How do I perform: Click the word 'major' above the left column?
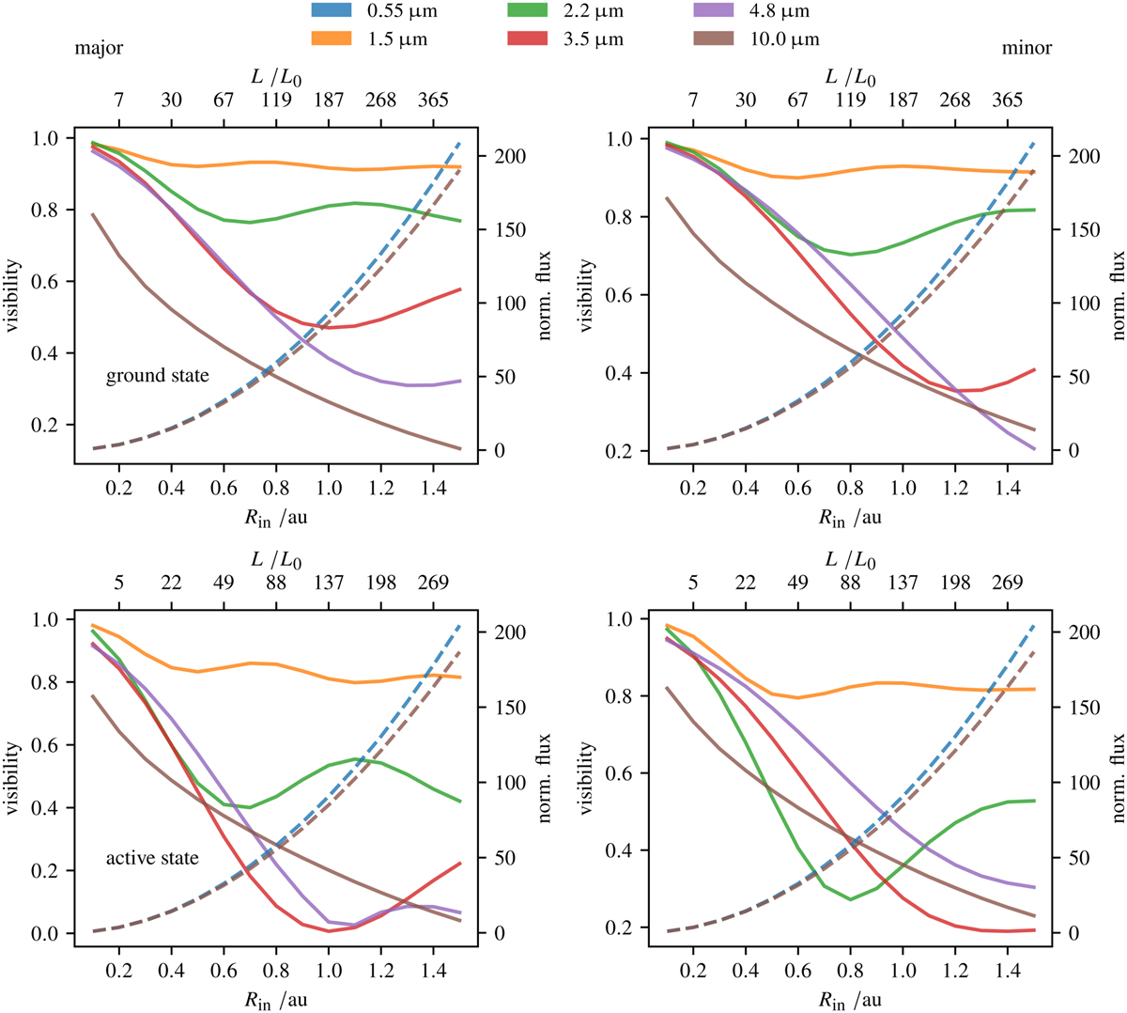pos(100,48)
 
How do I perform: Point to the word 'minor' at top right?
pos(1027,48)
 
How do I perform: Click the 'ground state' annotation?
pos(157,376)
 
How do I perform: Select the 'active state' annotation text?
pos(152,858)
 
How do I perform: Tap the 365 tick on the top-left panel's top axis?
pos(434,101)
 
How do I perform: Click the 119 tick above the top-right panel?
pos(850,101)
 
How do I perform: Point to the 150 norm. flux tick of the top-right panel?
pos(1073,230)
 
